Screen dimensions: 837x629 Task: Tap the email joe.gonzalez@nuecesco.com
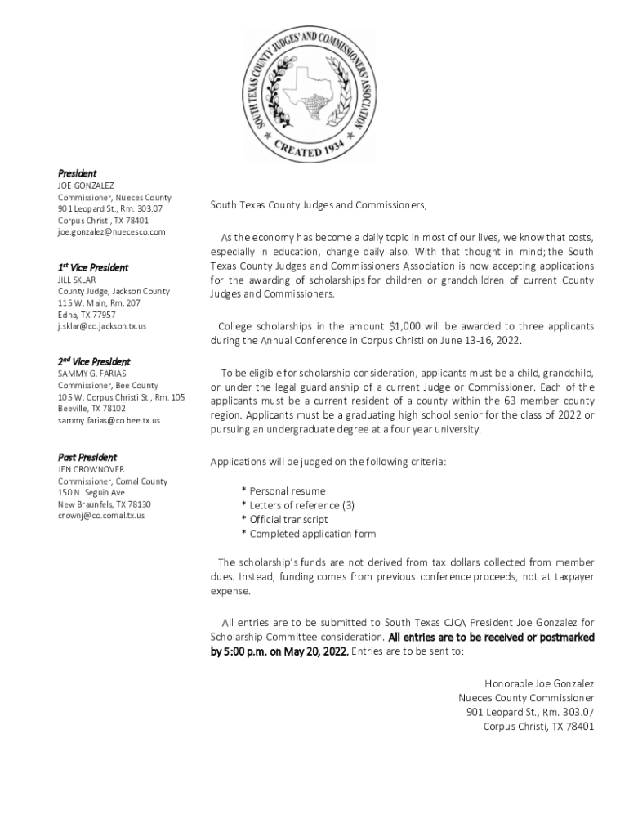coord(111,232)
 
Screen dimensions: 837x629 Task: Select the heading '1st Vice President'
coord(92,267)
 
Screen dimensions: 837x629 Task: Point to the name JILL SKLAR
coord(77,280)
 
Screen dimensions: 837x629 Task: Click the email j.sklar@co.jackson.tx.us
coord(102,326)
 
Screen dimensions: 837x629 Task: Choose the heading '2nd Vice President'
coord(93,361)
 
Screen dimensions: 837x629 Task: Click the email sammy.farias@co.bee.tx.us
coord(109,420)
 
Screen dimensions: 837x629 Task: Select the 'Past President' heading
coord(87,457)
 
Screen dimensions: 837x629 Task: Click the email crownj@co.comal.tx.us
coord(101,516)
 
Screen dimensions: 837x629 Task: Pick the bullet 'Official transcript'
coord(288,520)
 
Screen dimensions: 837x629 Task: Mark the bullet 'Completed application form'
coord(312,534)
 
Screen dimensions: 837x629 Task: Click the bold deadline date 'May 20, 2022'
coord(317,651)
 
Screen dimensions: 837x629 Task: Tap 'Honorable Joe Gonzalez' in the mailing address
coord(539,683)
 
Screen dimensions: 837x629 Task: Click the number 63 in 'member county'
coord(511,401)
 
